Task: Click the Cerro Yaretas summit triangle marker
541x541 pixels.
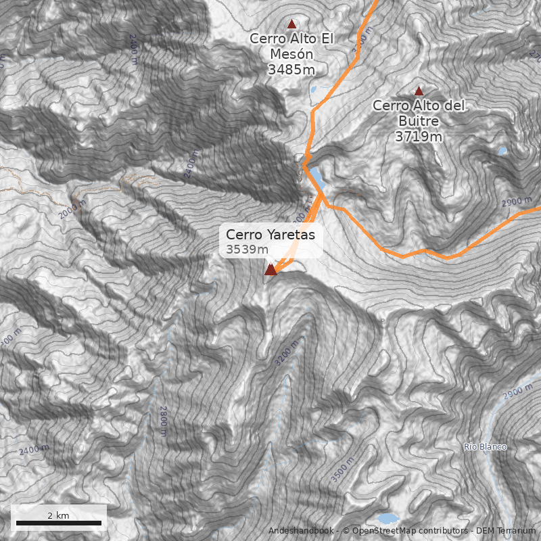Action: tap(270, 270)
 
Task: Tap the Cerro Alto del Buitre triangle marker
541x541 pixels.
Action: tap(419, 91)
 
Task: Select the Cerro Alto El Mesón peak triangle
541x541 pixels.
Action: tap(291, 24)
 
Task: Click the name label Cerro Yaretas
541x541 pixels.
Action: tap(270, 235)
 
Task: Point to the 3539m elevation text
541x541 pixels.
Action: tap(243, 250)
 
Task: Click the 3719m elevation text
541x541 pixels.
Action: tap(419, 136)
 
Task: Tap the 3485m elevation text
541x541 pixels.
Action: tap(291, 69)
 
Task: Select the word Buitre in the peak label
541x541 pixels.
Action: tap(419, 121)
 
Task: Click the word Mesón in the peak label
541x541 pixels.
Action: tap(291, 53)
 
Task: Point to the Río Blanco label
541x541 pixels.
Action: tap(485, 447)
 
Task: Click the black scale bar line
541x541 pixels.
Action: tap(58, 523)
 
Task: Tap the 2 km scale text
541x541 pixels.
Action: tap(58, 515)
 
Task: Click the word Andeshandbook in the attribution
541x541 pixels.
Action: tap(300, 531)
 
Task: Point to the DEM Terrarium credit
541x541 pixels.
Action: tap(506, 531)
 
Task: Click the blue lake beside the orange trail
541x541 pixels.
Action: tap(316, 177)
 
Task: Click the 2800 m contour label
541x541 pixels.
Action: tap(163, 419)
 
